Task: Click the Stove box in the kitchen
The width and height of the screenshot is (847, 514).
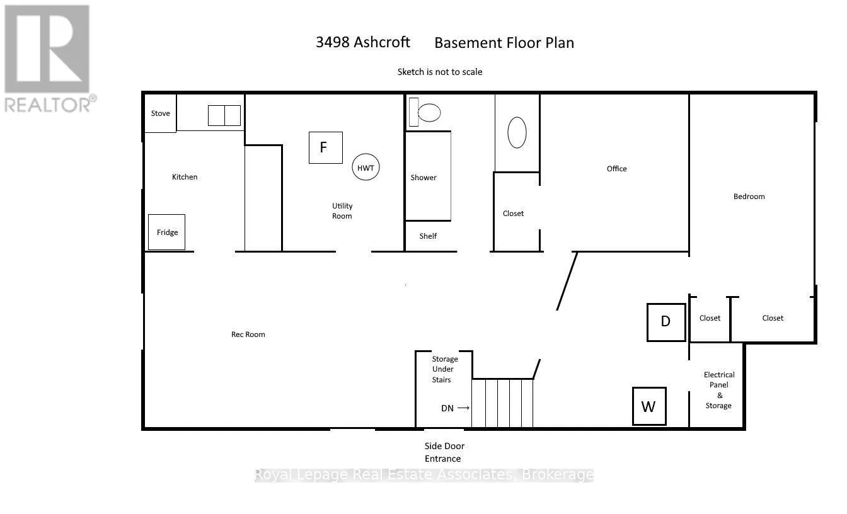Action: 160,113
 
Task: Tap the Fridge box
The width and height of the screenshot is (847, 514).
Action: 167,232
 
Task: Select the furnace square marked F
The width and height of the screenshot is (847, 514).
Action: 326,147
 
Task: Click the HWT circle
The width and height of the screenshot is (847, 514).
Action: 366,167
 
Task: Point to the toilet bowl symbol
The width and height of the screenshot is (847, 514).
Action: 429,112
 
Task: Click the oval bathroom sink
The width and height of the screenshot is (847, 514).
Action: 517,132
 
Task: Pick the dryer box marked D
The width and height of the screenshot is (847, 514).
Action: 666,323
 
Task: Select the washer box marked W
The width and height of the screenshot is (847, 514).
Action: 649,406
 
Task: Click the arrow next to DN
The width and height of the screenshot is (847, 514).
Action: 463,408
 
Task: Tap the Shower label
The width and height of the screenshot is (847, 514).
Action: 423,178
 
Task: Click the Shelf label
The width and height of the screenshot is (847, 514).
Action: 428,236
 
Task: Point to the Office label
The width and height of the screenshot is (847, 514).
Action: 617,169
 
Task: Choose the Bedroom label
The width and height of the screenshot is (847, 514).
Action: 749,197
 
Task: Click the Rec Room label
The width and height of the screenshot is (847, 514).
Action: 248,334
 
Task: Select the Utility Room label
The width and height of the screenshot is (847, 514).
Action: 342,211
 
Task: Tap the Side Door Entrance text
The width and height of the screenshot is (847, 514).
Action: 444,452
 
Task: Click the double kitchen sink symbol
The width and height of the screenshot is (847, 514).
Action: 224,115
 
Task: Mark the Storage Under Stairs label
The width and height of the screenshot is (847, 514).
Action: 445,369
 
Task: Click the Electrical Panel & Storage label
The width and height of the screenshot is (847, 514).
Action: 719,390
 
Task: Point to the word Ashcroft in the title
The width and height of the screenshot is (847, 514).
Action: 381,42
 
